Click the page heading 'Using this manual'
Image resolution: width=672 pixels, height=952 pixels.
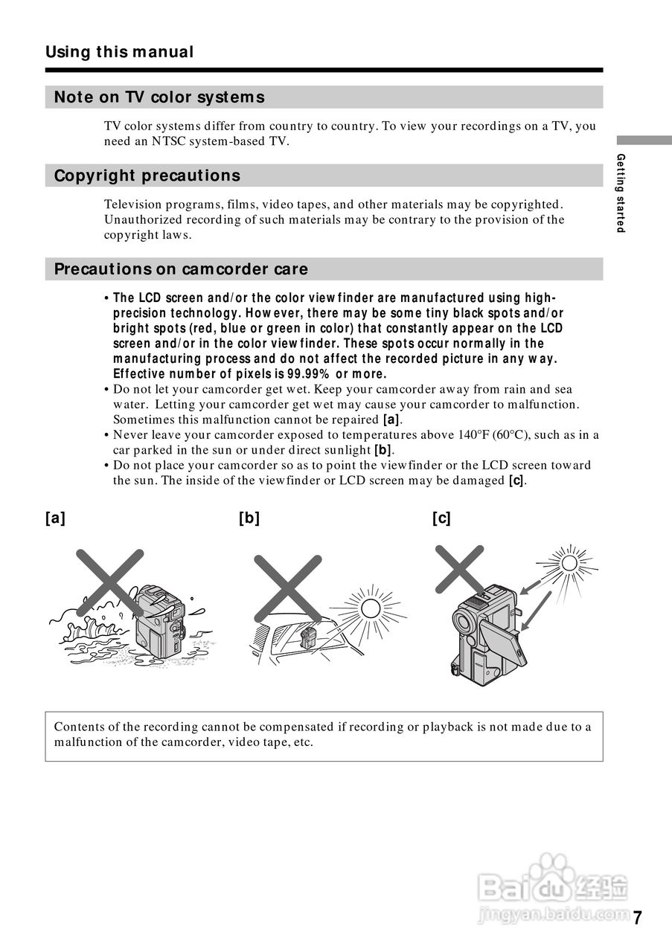click(119, 52)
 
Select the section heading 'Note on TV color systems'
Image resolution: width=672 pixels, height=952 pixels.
click(159, 97)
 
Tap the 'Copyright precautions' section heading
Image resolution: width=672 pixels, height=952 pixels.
click(147, 176)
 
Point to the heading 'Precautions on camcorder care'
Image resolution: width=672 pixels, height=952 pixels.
click(181, 269)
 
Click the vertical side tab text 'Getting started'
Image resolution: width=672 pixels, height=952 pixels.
click(621, 193)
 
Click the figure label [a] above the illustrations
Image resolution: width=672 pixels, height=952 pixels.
click(55, 518)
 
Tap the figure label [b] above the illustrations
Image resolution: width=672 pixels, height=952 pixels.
click(249, 518)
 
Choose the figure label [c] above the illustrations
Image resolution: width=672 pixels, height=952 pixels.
click(441, 518)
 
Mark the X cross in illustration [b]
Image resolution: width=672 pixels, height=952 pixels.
click(287, 588)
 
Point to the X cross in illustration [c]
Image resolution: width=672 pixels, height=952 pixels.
click(459, 568)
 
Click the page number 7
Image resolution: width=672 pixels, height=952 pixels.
click(638, 918)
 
